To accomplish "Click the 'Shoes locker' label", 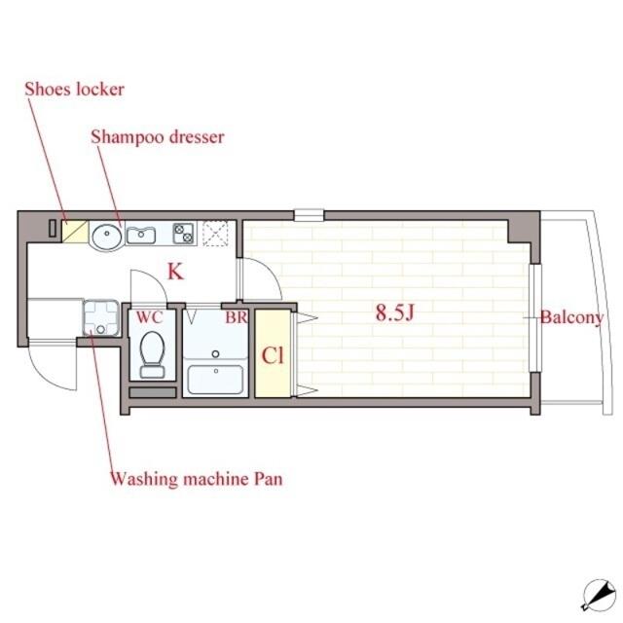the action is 74,90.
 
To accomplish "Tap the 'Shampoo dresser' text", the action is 158,137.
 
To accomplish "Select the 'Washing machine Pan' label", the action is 197,479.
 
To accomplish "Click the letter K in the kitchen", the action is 175,272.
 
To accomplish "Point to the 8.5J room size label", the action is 395,312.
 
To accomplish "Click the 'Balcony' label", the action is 572,318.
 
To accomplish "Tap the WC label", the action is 149,317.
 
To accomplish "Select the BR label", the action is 237,317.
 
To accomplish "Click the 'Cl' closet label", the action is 273,355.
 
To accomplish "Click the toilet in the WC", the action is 153,354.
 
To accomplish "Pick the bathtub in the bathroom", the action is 215,380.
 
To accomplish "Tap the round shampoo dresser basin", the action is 107,237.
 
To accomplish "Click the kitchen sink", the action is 140,236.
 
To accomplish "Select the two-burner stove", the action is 184,234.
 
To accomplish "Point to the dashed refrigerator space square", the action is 215,234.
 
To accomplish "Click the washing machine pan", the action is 101,318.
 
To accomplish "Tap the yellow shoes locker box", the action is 75,232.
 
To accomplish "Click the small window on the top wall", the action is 310,215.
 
